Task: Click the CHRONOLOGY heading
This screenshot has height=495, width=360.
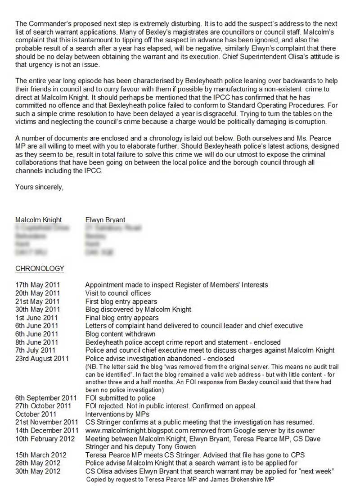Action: coord(40,269)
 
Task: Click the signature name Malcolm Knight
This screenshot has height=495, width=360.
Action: coord(39,220)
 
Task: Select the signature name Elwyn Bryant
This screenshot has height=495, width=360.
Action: coord(105,220)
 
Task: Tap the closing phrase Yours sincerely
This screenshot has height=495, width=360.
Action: coord(39,186)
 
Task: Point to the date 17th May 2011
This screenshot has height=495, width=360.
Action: coord(37,285)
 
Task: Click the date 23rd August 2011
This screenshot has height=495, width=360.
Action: coord(42,358)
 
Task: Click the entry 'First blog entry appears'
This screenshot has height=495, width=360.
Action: coord(121,301)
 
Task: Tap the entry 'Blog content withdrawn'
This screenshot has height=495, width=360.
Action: coord(120,334)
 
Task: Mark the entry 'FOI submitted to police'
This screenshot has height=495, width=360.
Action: coord(120,398)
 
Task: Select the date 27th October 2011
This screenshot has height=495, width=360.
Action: coord(43,406)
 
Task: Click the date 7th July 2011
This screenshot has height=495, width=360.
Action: coord(36,350)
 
